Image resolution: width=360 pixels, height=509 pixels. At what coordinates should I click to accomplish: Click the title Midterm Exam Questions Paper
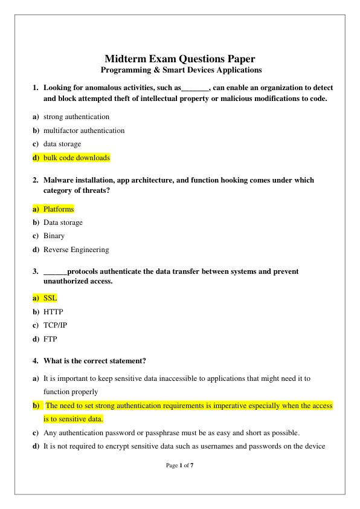click(x=179, y=59)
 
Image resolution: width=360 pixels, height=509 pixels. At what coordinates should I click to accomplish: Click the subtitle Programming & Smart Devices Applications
click(x=180, y=70)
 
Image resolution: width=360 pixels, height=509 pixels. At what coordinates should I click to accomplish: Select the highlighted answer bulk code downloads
click(x=76, y=158)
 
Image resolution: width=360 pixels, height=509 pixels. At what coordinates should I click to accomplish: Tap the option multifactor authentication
click(x=83, y=131)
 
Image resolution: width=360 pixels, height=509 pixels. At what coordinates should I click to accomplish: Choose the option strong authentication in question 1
click(x=76, y=117)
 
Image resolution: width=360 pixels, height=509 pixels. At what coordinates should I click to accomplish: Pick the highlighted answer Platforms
click(x=59, y=209)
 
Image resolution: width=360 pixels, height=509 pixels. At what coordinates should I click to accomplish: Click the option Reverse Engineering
click(x=76, y=250)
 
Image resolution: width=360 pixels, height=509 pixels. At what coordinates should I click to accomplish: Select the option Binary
click(x=54, y=236)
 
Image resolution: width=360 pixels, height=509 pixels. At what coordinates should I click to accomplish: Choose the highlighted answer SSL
click(x=50, y=299)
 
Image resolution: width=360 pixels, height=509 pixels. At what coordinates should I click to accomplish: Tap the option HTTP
click(x=53, y=312)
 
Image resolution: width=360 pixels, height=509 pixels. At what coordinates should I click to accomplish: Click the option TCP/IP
click(x=56, y=326)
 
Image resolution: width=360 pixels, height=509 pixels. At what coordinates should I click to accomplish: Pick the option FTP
click(x=50, y=340)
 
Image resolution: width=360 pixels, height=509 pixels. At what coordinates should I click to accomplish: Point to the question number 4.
click(x=35, y=361)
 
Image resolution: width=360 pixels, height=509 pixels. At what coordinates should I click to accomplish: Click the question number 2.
click(x=35, y=180)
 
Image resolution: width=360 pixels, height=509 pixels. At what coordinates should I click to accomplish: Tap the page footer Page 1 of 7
click(x=179, y=466)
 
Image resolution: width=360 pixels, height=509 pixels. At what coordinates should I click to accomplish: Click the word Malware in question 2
click(x=58, y=180)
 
